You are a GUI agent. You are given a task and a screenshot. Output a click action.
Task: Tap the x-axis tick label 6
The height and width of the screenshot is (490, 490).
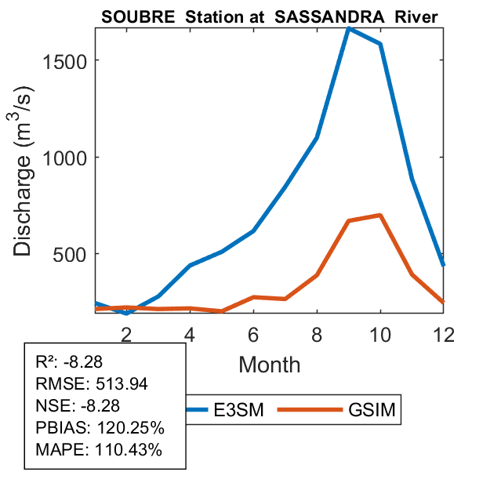[253, 333]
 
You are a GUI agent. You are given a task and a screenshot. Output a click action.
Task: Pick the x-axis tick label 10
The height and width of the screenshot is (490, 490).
[379, 333]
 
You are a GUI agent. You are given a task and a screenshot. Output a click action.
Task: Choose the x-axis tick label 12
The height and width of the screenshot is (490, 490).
[442, 333]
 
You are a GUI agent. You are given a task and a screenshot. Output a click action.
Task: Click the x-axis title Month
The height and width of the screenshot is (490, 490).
[269, 364]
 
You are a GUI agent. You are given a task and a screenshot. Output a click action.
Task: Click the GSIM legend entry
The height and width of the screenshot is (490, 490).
[369, 409]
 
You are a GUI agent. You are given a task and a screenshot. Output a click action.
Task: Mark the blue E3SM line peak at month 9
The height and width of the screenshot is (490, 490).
[348, 28]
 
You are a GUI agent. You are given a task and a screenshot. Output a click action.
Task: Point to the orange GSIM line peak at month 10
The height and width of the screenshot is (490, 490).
[379, 215]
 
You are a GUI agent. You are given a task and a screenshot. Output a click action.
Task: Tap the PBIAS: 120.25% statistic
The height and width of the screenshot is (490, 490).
[99, 428]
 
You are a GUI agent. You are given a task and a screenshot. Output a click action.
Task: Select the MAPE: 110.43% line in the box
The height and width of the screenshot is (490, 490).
[99, 450]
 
